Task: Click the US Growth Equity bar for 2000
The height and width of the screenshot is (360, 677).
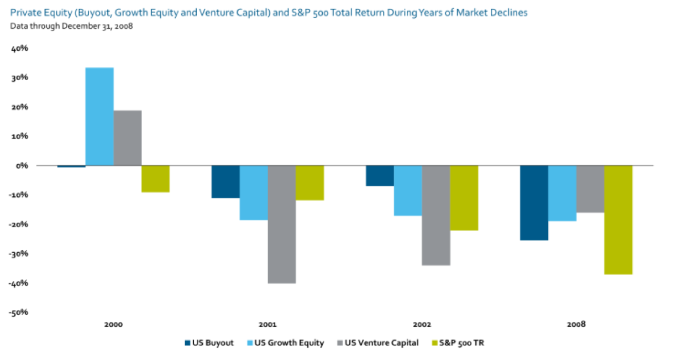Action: click(x=99, y=117)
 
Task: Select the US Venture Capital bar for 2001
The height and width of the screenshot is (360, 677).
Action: click(x=282, y=224)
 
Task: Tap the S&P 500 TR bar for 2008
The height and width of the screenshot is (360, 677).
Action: click(x=618, y=220)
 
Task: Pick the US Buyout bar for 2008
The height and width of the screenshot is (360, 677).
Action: click(x=534, y=203)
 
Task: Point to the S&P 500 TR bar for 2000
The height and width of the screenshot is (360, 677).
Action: click(x=155, y=179)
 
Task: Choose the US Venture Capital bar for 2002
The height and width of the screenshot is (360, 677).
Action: click(x=436, y=215)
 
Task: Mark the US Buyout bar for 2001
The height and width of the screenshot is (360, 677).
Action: click(x=225, y=181)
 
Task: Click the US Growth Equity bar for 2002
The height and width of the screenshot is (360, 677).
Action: click(x=408, y=190)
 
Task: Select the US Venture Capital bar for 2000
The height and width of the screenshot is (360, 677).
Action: click(x=128, y=138)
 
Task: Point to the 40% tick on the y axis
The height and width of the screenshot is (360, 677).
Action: click(x=20, y=49)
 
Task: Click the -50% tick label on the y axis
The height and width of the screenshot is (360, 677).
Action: click(x=19, y=312)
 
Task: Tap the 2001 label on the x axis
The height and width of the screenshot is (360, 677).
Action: click(x=268, y=324)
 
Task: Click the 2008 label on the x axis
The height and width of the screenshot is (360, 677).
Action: click(x=576, y=324)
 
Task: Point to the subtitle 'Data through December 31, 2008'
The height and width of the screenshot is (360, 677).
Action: click(x=71, y=25)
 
